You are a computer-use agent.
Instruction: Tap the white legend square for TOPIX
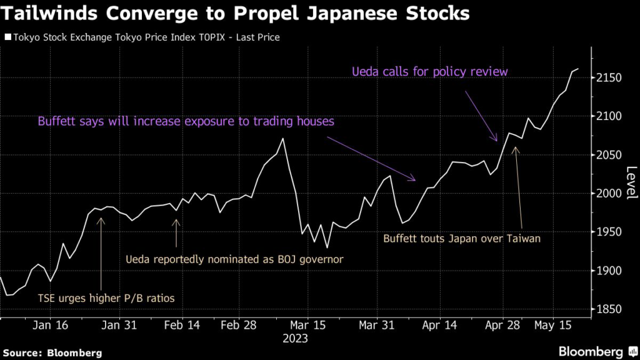click(x=7, y=37)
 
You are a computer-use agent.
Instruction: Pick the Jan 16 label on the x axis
click(x=50, y=325)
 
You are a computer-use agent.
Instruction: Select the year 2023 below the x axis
click(x=295, y=338)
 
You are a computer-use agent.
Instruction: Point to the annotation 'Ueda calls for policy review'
click(x=431, y=72)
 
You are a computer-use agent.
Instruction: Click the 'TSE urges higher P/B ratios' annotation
click(x=106, y=298)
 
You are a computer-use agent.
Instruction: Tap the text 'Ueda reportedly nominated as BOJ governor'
click(x=234, y=258)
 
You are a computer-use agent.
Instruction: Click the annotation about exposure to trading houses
click(x=186, y=121)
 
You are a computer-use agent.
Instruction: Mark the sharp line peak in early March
click(x=283, y=139)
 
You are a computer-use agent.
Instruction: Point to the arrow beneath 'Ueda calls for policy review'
click(x=481, y=116)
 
